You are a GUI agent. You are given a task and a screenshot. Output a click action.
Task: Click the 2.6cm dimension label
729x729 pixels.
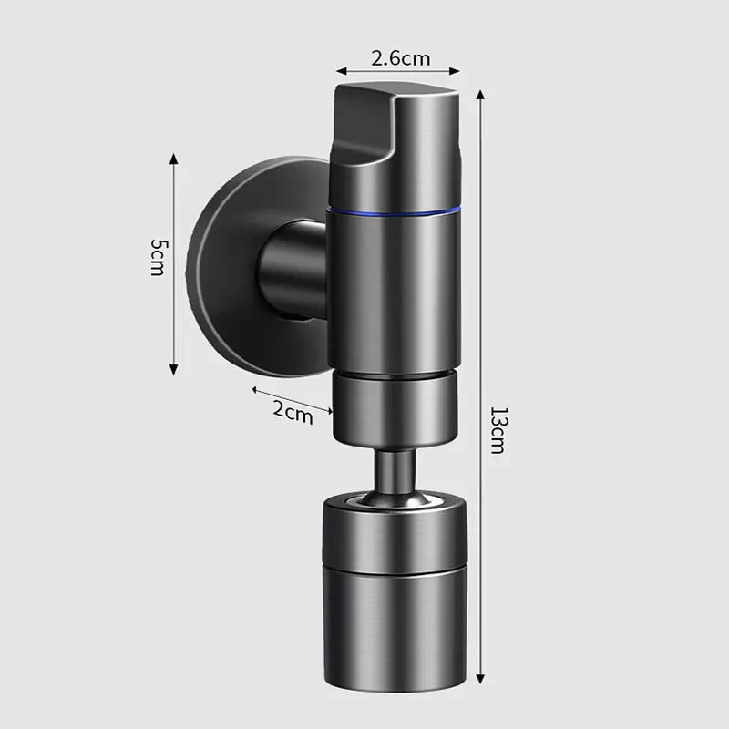click(x=400, y=57)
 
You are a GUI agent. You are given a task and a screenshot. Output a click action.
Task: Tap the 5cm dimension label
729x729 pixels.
click(x=159, y=258)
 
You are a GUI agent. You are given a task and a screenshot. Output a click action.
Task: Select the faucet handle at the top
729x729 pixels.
click(x=395, y=137)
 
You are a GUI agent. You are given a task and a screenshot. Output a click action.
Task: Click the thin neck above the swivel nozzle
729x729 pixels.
click(x=394, y=470)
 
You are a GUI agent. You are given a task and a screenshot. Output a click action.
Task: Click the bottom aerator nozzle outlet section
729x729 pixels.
click(x=394, y=629)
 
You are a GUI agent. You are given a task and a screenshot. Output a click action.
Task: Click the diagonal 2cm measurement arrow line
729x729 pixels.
click(x=292, y=399)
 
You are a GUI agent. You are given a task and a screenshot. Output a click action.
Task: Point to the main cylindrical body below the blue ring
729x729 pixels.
click(x=394, y=292)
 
